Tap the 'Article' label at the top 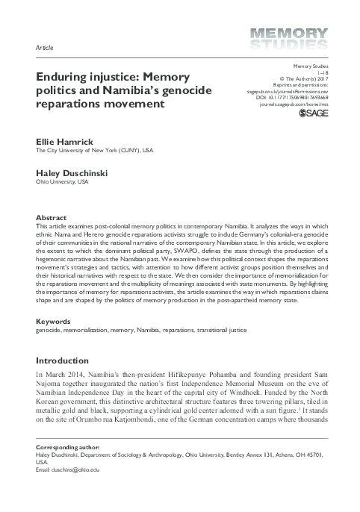pyautogui.click(x=44, y=46)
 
